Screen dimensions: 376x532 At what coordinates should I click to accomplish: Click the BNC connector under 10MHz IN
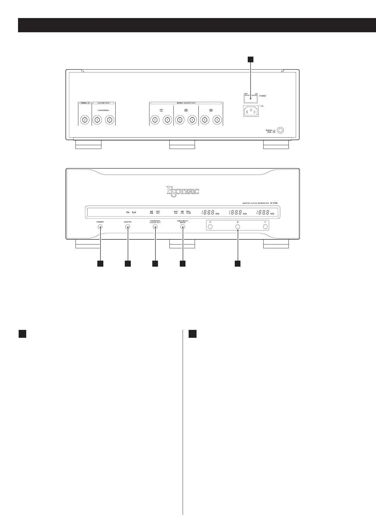(85, 120)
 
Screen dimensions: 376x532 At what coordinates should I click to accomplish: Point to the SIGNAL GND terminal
(279, 130)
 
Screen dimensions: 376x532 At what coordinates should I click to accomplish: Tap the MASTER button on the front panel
(128, 227)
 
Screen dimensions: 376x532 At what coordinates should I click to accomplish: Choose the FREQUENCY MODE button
(183, 227)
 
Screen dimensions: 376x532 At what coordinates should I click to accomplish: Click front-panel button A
(210, 227)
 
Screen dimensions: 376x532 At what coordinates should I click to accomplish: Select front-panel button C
(265, 227)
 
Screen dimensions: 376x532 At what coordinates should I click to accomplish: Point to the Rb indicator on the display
(128, 212)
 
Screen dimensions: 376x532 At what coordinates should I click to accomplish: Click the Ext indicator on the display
(134, 212)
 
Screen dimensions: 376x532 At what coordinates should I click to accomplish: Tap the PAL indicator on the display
(188, 211)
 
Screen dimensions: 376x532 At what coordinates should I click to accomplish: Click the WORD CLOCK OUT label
(186, 103)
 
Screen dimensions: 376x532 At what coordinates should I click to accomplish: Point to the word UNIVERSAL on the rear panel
(103, 110)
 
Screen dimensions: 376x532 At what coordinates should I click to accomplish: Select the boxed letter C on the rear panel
(161, 110)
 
